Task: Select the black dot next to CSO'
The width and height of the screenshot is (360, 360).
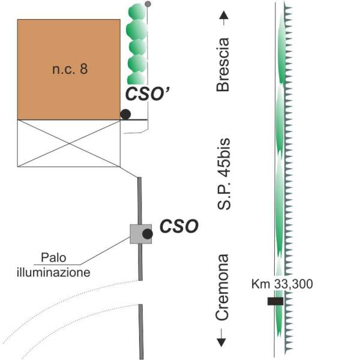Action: click(x=125, y=114)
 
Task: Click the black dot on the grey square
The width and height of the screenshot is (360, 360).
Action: click(x=147, y=233)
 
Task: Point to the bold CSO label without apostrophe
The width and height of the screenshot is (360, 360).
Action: click(x=177, y=227)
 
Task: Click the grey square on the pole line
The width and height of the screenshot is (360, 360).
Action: click(x=140, y=233)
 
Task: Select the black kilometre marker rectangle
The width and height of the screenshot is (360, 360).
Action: click(x=275, y=301)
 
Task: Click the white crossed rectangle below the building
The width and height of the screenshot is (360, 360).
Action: click(x=68, y=143)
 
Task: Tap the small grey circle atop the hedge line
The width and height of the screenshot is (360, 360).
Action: click(x=148, y=5)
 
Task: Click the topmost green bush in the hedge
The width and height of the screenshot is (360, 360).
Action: click(x=137, y=11)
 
